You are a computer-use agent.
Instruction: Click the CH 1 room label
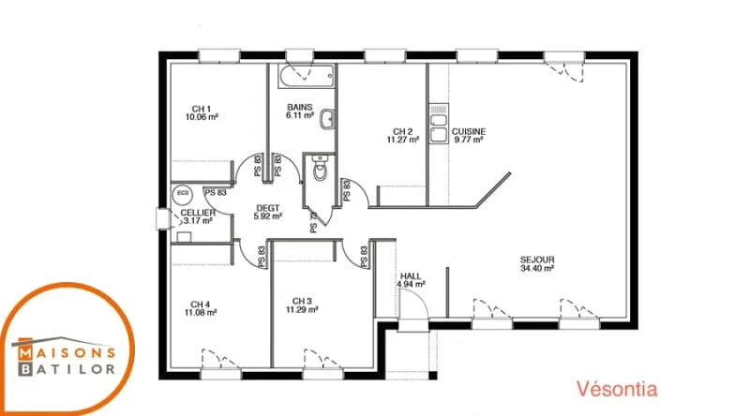(x=202, y=109)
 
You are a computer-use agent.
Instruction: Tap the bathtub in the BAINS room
(x=307, y=77)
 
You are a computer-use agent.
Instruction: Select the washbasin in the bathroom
(x=327, y=120)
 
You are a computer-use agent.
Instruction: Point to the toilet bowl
(x=320, y=169)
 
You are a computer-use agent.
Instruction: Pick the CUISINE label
(x=469, y=131)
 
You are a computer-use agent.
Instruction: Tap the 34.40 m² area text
(x=537, y=268)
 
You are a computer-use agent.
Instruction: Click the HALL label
(x=411, y=275)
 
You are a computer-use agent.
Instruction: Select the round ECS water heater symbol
(x=182, y=194)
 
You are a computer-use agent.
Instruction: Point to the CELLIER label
(x=198, y=213)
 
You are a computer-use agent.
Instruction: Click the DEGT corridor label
(x=268, y=208)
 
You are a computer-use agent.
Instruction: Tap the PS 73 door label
(x=314, y=222)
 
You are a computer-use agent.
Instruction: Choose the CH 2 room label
(x=403, y=131)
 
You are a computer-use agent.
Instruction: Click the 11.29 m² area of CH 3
(x=302, y=309)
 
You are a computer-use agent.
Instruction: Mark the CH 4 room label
(x=201, y=305)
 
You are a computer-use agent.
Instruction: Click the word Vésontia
(x=617, y=389)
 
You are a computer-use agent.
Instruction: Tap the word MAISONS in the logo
(x=67, y=352)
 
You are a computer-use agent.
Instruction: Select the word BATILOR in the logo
(x=67, y=369)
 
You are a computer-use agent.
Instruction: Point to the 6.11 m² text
(x=300, y=115)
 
